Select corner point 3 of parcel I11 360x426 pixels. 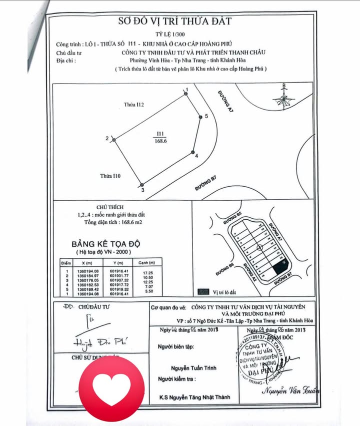point(142,185)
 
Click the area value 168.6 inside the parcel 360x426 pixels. point(160,141)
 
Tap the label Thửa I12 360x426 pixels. point(134,105)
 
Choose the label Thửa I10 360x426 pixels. point(110,176)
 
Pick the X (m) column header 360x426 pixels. point(85,263)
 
